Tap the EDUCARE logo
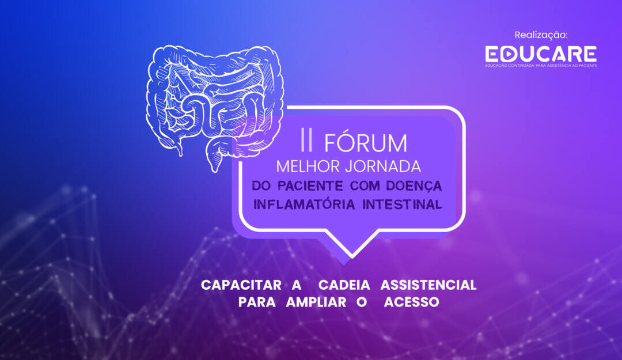[x=541, y=54]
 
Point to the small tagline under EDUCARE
[x=541, y=66]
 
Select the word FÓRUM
[x=365, y=143]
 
